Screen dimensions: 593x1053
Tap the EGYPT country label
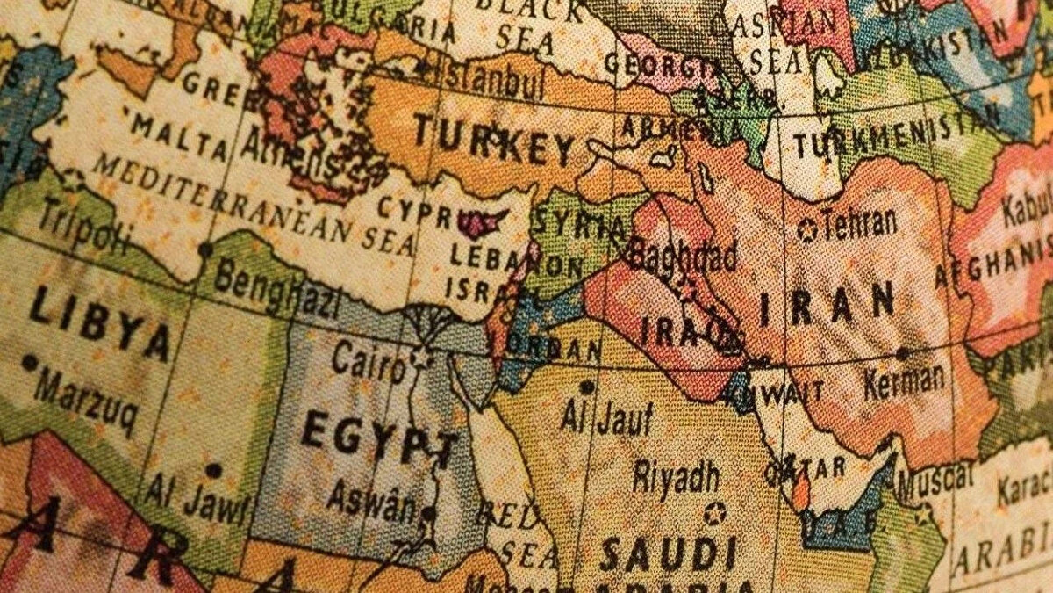(x=379, y=437)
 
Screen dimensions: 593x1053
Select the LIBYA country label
(x=99, y=323)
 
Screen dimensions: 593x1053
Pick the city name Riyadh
(x=677, y=476)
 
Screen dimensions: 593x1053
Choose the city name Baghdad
(x=681, y=256)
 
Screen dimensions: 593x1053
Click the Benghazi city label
(x=276, y=290)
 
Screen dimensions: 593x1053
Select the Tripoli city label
(x=73, y=226)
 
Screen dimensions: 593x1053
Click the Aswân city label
(x=371, y=498)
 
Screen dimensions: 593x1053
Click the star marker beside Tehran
(x=806, y=231)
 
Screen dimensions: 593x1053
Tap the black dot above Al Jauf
(x=586, y=386)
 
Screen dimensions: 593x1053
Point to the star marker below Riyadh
(x=714, y=512)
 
